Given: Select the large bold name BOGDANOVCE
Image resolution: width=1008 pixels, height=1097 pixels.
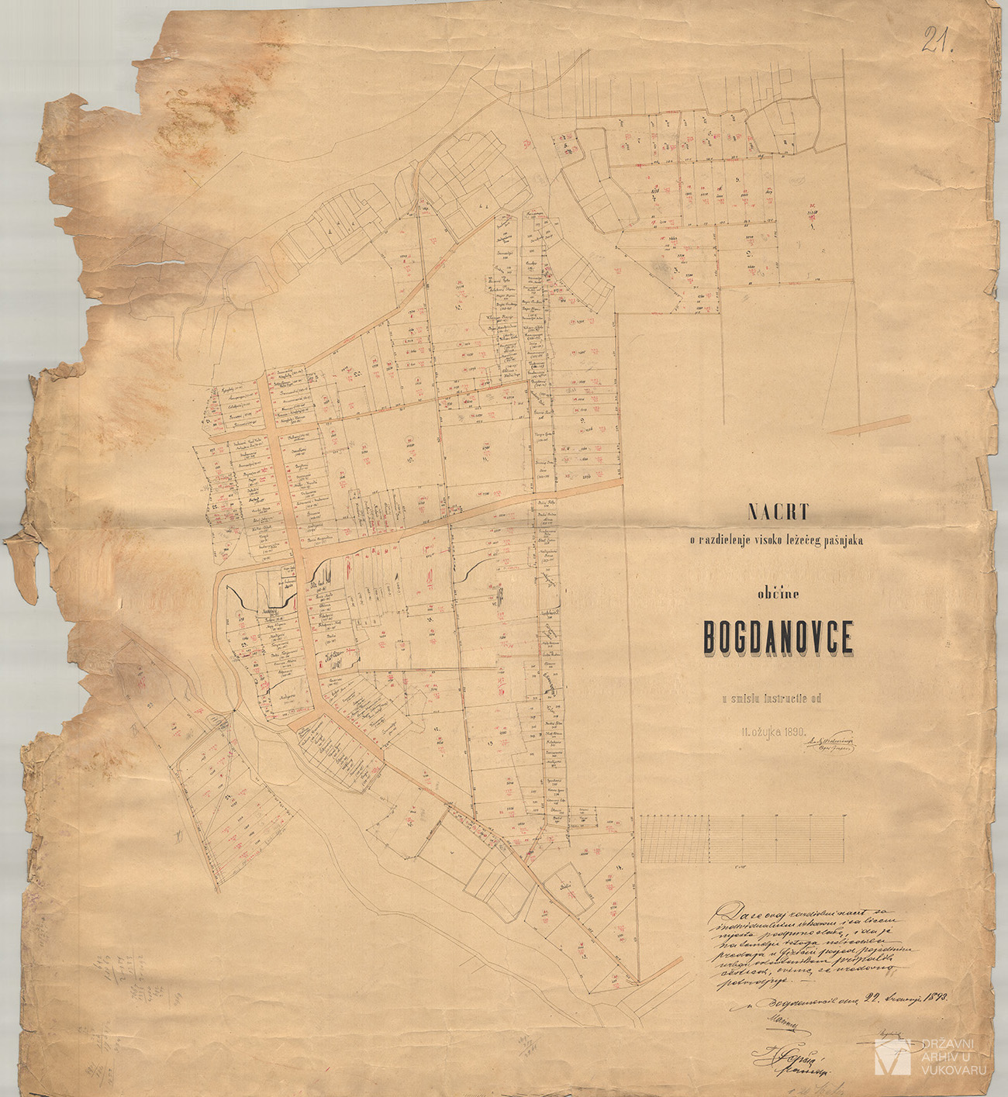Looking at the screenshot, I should click(778, 638).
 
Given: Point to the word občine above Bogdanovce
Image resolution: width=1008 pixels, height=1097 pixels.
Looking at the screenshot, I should click(778, 594).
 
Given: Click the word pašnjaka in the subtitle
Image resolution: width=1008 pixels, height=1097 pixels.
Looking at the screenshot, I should click(843, 540).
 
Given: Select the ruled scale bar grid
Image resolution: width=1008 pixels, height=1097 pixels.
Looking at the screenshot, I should click(742, 839).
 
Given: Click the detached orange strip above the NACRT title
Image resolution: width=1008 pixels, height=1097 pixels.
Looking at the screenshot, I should click(868, 425).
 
